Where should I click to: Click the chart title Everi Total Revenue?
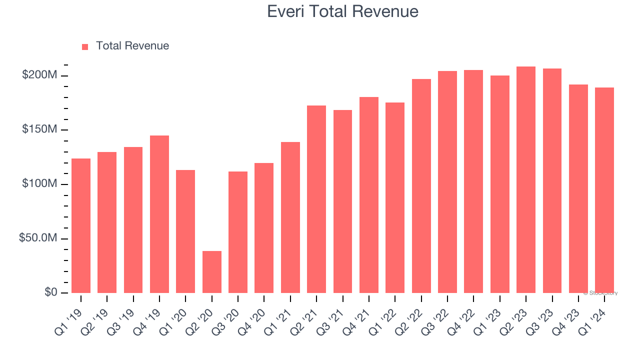click(342, 11)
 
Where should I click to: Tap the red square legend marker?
click(85, 46)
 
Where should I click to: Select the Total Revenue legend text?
click(132, 46)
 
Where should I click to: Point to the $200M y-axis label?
click(39, 75)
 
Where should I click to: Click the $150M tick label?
click(39, 130)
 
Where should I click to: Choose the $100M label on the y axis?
click(39, 184)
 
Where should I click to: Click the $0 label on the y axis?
click(49, 292)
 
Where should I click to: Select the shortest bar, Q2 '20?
click(212, 272)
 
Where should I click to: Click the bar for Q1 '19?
click(81, 225)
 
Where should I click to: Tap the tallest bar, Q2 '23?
click(526, 179)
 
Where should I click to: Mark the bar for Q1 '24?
click(604, 190)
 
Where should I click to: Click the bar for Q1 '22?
click(395, 197)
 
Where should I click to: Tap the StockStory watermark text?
click(600, 293)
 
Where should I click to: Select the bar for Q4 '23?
click(578, 188)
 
